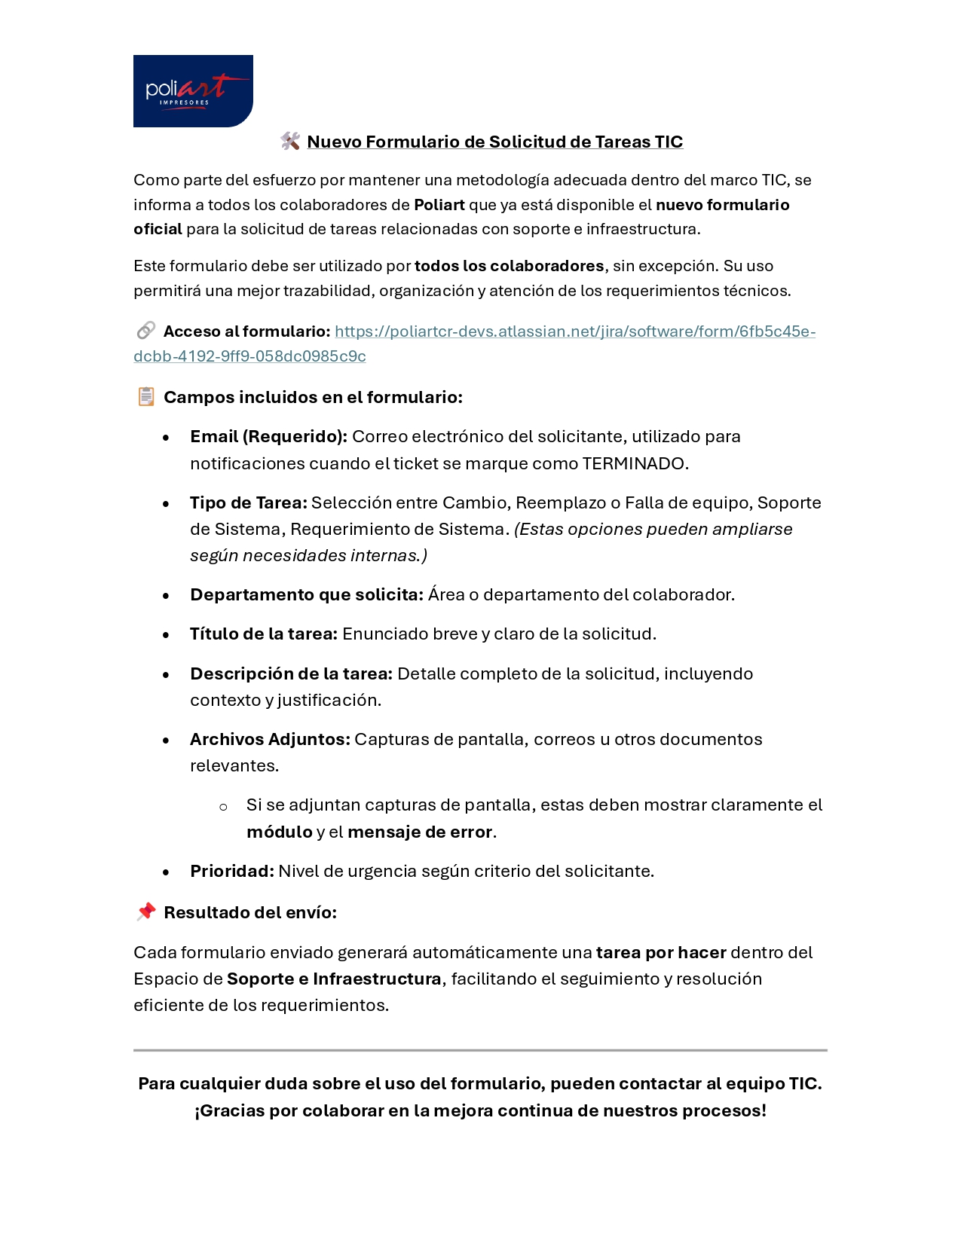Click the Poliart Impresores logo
tap(193, 91)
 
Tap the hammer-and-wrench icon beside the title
tap(290, 141)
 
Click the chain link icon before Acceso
tap(145, 331)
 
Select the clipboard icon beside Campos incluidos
tap(146, 396)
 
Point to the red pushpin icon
tap(146, 912)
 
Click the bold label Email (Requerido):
tap(268, 437)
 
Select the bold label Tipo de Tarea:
tap(249, 502)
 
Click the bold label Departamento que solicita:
tap(306, 594)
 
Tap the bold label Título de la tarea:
tap(263, 634)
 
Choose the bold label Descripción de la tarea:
tap(291, 673)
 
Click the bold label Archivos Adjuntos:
tap(270, 739)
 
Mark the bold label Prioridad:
tap(232, 871)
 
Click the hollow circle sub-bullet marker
tap(223, 807)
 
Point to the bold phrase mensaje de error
tap(419, 832)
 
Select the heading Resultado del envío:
tap(250, 912)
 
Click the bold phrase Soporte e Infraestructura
tap(334, 979)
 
